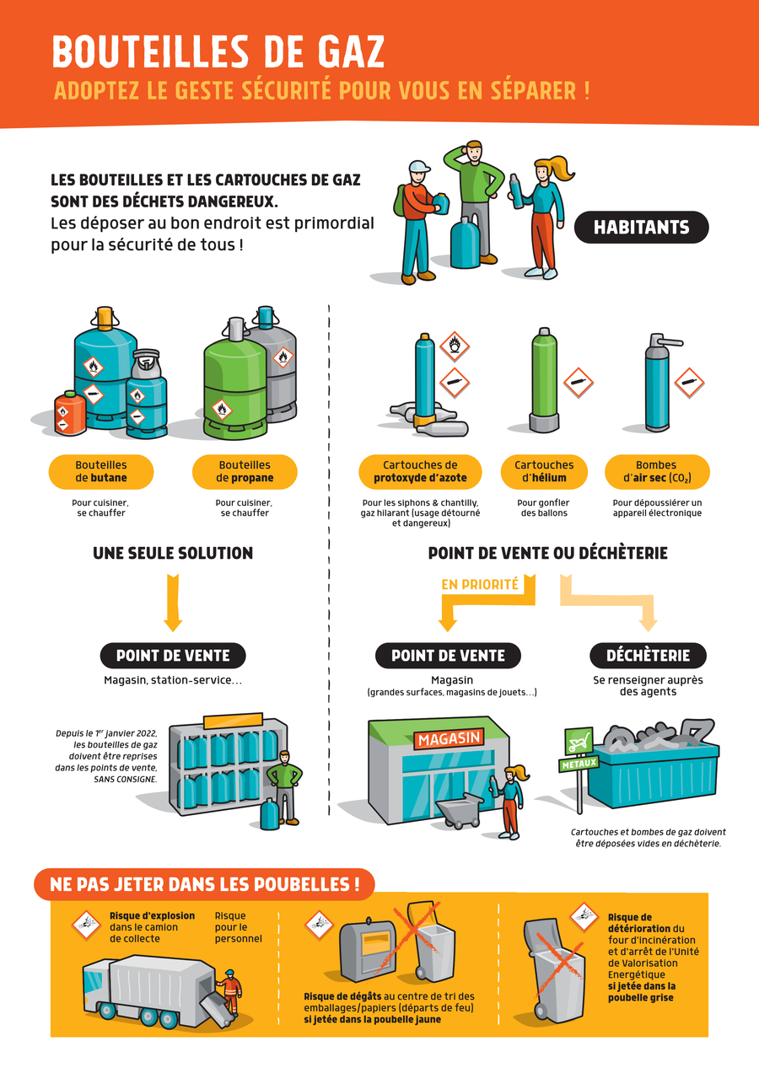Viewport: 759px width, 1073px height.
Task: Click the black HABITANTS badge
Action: (x=641, y=227)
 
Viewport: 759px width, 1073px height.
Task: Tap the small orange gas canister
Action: (x=70, y=413)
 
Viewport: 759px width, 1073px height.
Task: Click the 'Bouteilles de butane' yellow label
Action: (x=101, y=471)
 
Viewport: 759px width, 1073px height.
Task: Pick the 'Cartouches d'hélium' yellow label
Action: (x=544, y=471)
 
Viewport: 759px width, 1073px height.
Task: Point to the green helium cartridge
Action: (x=544, y=380)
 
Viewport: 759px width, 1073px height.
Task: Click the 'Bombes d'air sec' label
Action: (x=657, y=471)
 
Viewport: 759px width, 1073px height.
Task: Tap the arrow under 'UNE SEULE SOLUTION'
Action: (x=173, y=603)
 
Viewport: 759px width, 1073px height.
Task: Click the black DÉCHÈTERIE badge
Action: (x=648, y=655)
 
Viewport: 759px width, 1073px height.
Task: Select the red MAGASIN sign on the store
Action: (x=449, y=738)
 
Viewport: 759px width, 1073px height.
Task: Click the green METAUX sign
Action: (x=579, y=764)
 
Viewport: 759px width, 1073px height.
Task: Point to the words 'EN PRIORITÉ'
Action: (x=480, y=584)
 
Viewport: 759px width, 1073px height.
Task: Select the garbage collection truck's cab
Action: (x=96, y=986)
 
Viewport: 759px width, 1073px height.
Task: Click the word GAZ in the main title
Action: (x=351, y=51)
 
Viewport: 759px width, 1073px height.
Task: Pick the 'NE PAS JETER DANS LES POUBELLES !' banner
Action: (x=205, y=884)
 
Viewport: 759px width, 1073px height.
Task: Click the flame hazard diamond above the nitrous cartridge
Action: (x=455, y=346)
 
